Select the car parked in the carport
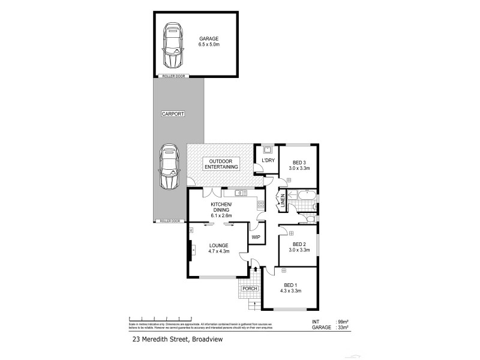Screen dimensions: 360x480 point(169,167)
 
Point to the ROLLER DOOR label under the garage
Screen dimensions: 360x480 point(174,76)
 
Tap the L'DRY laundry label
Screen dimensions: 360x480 point(268,160)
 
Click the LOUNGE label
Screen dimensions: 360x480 point(219,245)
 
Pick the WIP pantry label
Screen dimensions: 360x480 point(256,237)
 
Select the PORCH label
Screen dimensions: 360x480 point(250,289)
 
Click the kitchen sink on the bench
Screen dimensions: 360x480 point(239,193)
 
